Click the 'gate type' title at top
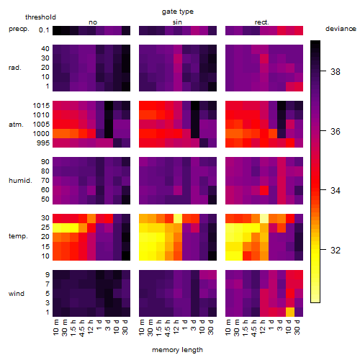(178, 12)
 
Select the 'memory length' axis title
(177, 350)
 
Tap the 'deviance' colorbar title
(341, 29)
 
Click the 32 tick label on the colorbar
(336, 251)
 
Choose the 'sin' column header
(177, 22)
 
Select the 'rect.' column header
(262, 22)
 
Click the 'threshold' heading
(40, 17)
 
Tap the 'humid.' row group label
(20, 181)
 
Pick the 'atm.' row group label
(16, 125)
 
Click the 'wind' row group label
(17, 294)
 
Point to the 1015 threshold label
(41, 106)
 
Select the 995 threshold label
(43, 143)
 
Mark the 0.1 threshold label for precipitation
(44, 30)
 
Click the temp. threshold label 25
(45, 228)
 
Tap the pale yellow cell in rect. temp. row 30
(264, 218)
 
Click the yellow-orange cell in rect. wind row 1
(290, 312)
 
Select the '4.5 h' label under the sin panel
(168, 328)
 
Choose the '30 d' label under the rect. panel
(297, 327)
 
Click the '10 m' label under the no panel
(55, 328)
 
